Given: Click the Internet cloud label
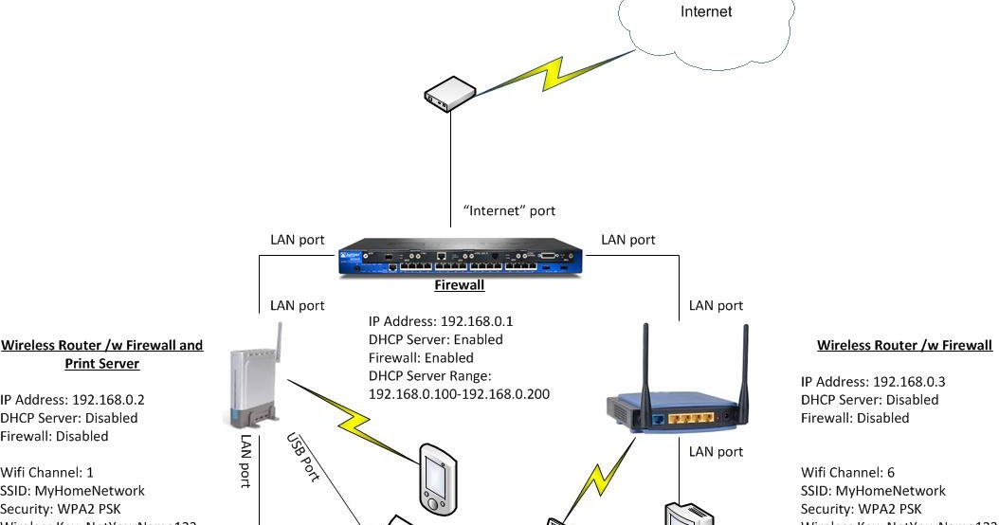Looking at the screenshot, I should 706,12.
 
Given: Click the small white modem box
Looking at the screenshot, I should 449,94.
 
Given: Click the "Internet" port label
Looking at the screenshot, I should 509,210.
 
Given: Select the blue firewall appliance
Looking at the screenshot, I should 461,258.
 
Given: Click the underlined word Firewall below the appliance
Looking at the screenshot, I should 460,285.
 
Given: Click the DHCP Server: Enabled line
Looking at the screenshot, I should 436,339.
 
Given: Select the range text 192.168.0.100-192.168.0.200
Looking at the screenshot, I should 459,393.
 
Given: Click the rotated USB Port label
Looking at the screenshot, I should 303,458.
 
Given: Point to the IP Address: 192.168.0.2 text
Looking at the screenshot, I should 73,400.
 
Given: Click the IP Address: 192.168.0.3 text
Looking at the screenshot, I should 873,382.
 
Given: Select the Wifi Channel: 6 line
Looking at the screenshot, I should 847,472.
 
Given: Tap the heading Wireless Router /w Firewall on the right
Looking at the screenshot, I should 904,346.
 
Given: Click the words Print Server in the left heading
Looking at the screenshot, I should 102,364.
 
